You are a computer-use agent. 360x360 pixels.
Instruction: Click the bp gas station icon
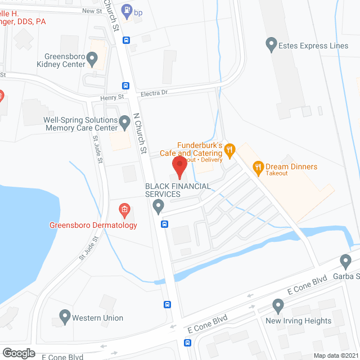(x=128, y=10)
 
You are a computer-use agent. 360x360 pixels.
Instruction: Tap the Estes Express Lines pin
(x=272, y=43)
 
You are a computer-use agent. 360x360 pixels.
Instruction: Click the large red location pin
(x=179, y=167)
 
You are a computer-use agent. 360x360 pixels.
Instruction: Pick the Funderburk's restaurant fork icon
(x=229, y=150)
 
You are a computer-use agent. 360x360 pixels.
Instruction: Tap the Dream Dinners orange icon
(x=258, y=166)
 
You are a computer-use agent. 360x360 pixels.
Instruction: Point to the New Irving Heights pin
(x=277, y=307)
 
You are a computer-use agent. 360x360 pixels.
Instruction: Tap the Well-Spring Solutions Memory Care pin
(x=124, y=120)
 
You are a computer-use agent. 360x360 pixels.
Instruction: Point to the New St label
(x=91, y=11)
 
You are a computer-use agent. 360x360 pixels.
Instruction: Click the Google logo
(x=19, y=353)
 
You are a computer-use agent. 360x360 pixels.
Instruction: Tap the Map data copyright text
(x=335, y=355)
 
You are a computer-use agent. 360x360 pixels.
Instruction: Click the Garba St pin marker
(x=346, y=261)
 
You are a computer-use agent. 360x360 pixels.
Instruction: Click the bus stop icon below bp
(x=127, y=40)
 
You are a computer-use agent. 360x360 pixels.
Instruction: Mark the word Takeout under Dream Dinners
(x=277, y=173)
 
